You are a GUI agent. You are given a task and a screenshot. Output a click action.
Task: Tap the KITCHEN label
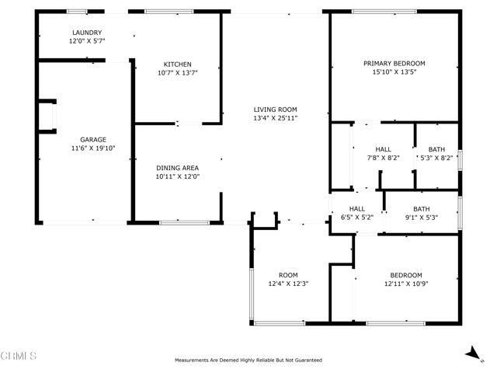pos(177,64)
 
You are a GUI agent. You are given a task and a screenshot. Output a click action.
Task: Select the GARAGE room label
pos(93,140)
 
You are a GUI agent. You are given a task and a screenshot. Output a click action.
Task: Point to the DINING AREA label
pos(178,168)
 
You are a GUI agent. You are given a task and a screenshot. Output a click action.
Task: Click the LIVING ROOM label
pos(276,110)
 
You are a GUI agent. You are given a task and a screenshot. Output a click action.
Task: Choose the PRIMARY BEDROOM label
pos(394,64)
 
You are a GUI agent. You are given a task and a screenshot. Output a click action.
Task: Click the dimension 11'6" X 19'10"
pos(93,148)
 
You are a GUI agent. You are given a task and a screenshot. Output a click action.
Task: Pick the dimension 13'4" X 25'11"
pos(276,118)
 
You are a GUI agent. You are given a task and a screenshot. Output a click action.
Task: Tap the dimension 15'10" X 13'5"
pos(394,72)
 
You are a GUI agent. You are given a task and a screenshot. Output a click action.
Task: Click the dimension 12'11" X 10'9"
pos(406,284)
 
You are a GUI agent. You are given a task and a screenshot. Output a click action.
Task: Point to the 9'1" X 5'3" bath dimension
pos(422,218)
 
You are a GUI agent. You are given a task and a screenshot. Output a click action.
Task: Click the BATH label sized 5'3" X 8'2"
pos(436,149)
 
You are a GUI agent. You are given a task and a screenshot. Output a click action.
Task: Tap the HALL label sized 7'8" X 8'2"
pos(383,149)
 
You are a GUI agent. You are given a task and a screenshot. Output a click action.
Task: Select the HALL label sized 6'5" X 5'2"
pos(357,209)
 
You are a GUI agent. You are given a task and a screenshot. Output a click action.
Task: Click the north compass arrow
pos(471,354)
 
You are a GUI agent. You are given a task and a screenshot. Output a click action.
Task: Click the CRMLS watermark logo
pos(19,356)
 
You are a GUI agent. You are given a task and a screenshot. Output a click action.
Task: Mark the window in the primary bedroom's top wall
pos(377,11)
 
